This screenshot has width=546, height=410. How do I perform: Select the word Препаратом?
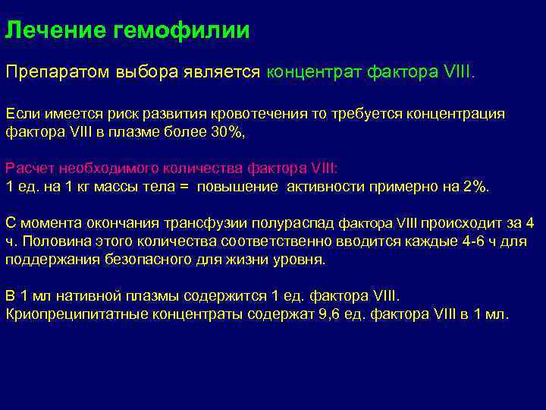point(58,72)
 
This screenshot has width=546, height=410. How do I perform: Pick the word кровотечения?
point(264,114)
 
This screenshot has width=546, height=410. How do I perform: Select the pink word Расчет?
point(28,168)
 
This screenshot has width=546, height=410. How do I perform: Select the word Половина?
point(53,241)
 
